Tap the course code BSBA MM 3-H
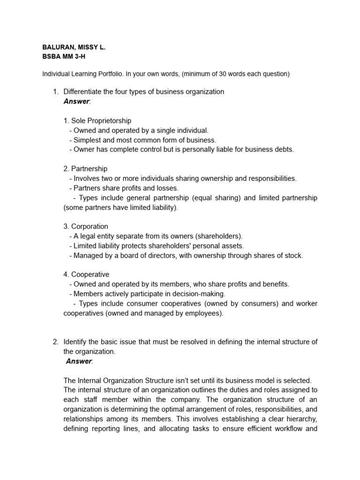tap(64, 57)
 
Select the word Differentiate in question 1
tap(82, 91)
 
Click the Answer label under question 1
tap(76, 101)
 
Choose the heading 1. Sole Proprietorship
tap(97, 120)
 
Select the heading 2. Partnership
tap(85, 169)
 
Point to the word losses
tap(168, 188)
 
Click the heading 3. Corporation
tap(86, 226)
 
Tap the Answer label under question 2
tap(79, 360)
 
